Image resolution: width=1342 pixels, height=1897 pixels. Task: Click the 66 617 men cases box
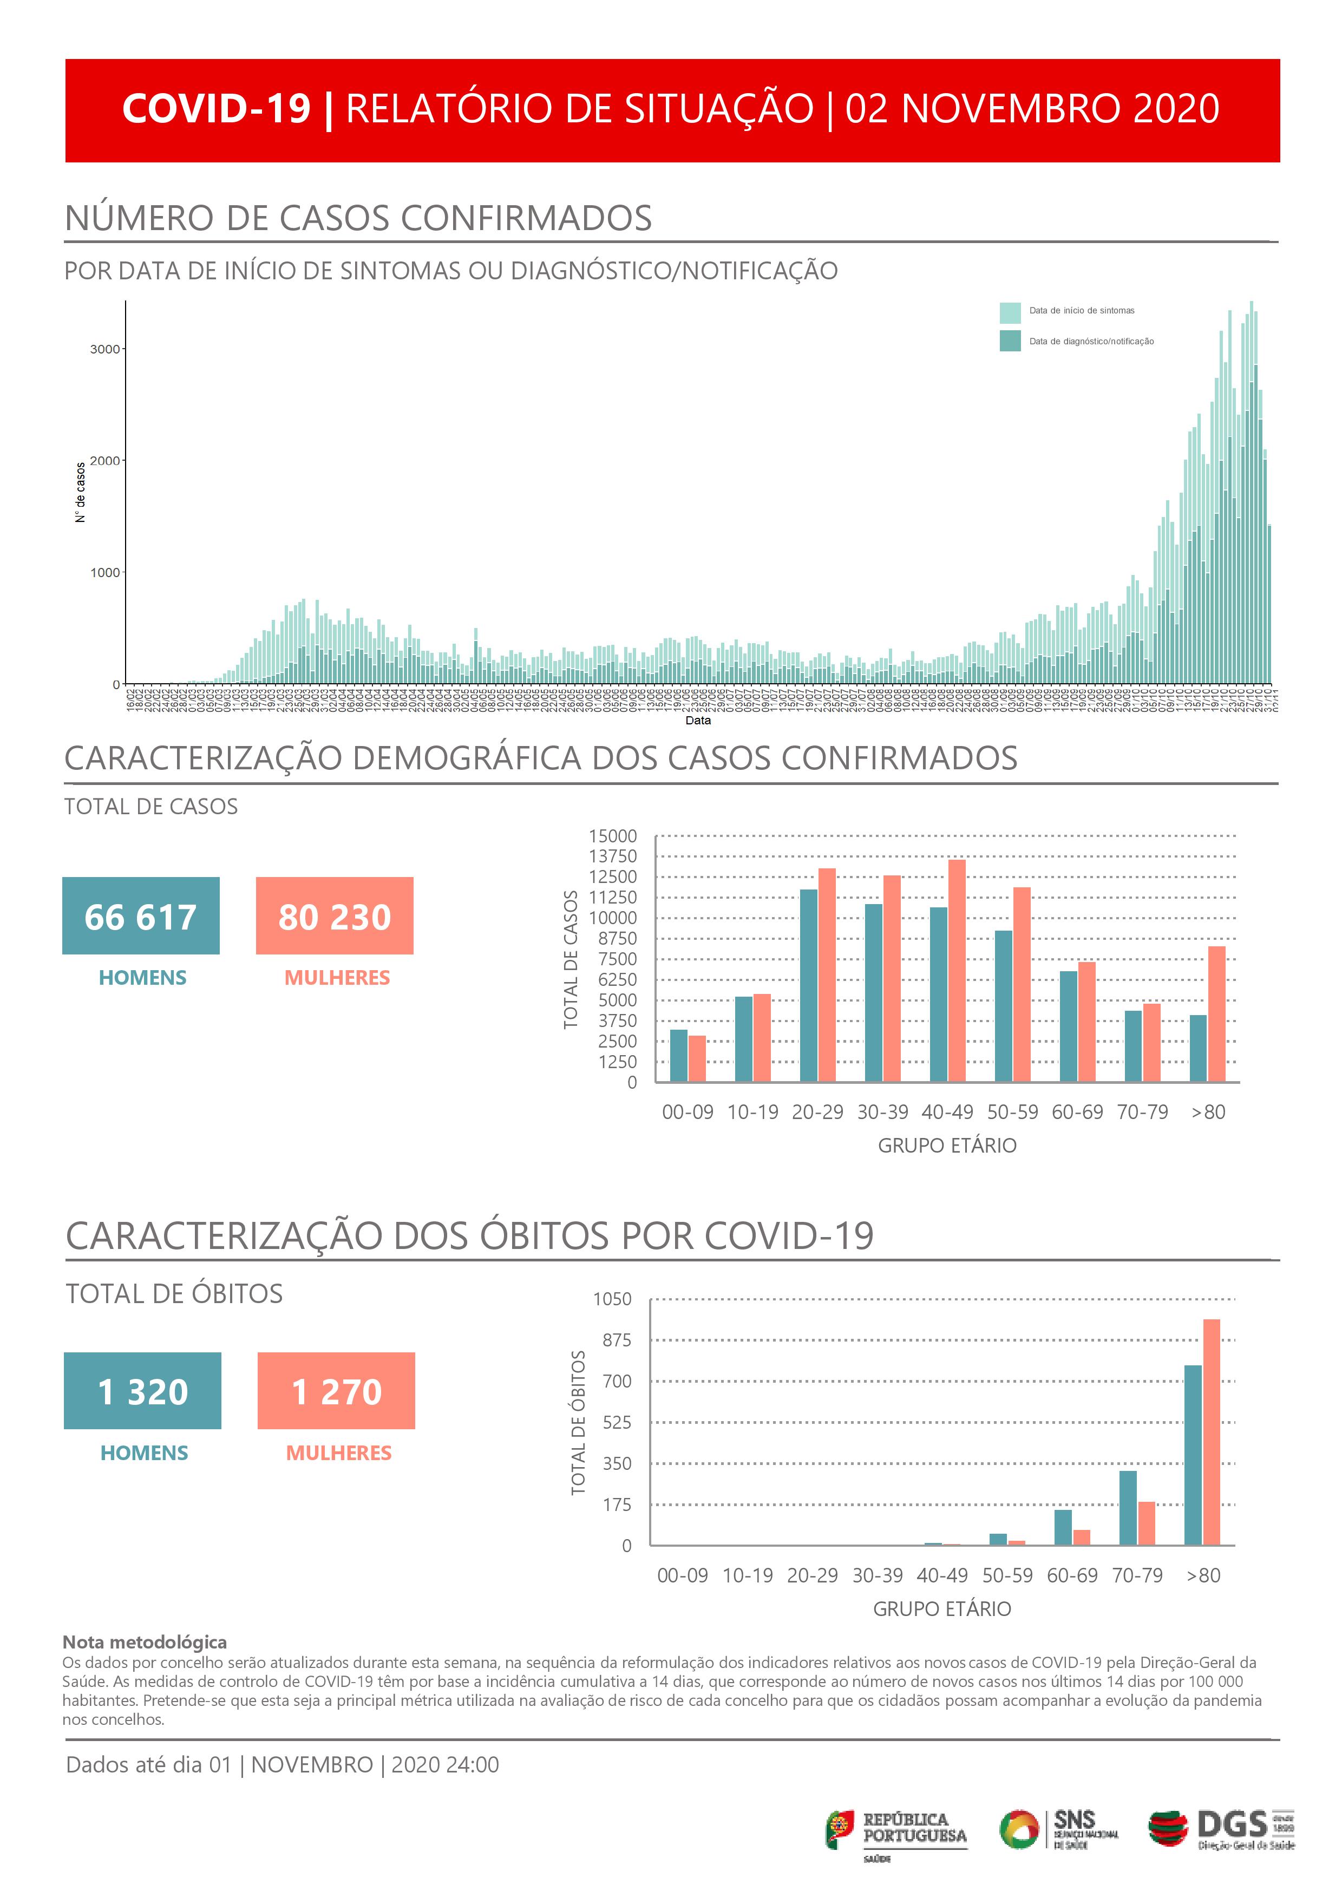click(x=141, y=915)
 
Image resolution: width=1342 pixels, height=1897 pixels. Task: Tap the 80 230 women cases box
click(x=335, y=915)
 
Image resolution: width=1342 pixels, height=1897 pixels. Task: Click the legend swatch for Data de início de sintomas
click(x=1010, y=312)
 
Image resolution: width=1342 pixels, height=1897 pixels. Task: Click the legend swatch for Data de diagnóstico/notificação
click(x=1010, y=341)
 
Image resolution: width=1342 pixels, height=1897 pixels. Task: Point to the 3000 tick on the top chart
click(x=105, y=349)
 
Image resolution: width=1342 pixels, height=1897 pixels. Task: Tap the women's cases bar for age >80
click(x=1216, y=1014)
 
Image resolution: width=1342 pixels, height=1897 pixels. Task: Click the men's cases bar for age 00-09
click(x=678, y=1055)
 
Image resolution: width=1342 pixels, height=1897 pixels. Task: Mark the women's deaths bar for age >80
click(x=1212, y=1432)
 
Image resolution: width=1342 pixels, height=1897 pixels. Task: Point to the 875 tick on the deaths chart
click(x=617, y=1340)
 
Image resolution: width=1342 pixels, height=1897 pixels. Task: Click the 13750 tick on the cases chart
click(x=612, y=856)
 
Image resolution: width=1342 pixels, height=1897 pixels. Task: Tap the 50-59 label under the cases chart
click(x=1012, y=1112)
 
